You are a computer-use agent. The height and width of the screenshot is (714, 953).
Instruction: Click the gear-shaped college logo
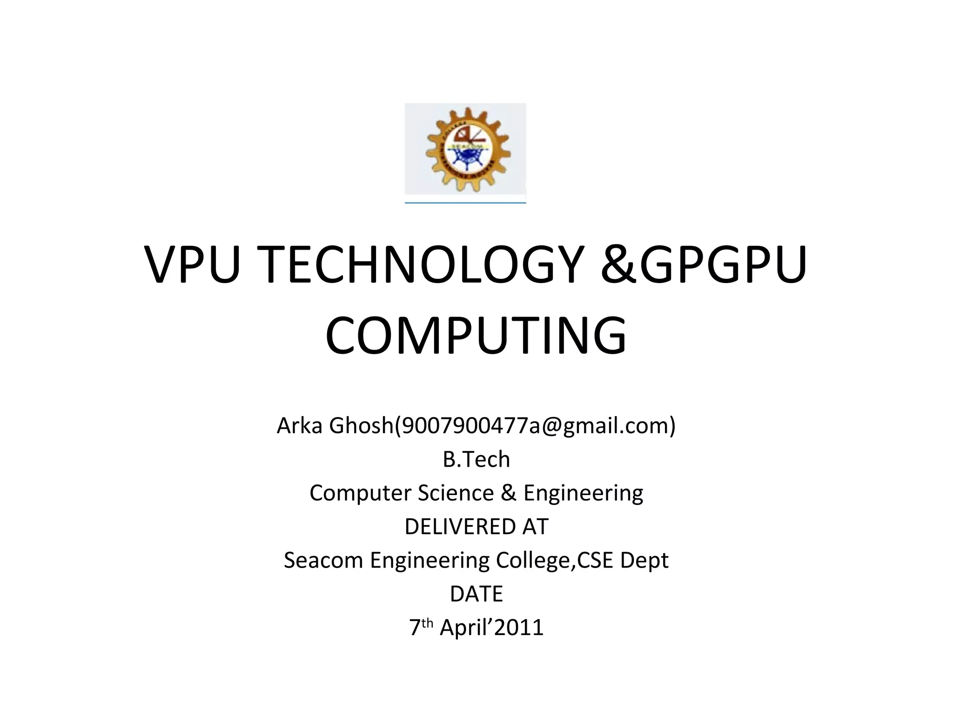[x=468, y=149]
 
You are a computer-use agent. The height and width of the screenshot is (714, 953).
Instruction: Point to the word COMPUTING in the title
[x=476, y=335]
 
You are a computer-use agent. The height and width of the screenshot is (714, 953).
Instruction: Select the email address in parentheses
[x=535, y=426]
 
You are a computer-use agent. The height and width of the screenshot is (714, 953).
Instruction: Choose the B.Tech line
[x=476, y=459]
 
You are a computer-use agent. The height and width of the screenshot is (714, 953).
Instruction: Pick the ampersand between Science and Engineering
[x=509, y=493]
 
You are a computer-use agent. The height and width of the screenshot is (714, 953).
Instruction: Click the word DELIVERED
[x=459, y=527]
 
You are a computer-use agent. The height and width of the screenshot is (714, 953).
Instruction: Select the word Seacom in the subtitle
[x=323, y=560]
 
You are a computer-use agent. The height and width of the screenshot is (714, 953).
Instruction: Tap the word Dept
[x=644, y=561]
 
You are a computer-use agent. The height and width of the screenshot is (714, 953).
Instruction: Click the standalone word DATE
[x=476, y=594]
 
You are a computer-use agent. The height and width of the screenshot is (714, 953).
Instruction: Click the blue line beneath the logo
[x=465, y=203]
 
